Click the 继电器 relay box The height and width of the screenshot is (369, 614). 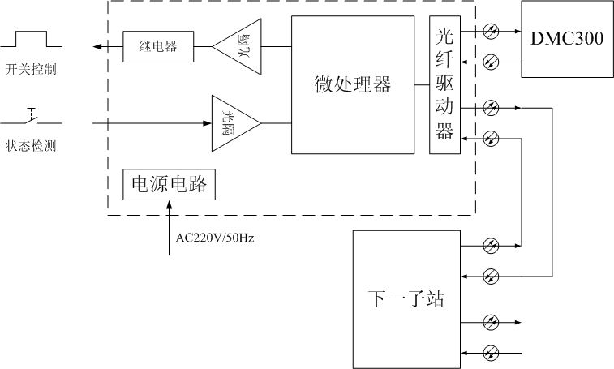click(158, 46)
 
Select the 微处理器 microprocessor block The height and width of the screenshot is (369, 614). click(352, 84)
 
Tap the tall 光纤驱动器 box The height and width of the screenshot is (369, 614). click(444, 84)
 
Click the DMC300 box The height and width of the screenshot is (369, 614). click(567, 39)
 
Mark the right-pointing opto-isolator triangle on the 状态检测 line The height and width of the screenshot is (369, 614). click(234, 123)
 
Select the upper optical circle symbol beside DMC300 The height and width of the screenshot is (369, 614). click(491, 31)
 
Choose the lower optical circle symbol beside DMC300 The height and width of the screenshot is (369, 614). click(491, 62)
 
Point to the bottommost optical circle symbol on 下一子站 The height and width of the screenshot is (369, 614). click(491, 353)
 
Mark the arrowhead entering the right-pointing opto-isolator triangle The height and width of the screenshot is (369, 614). click(206, 123)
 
